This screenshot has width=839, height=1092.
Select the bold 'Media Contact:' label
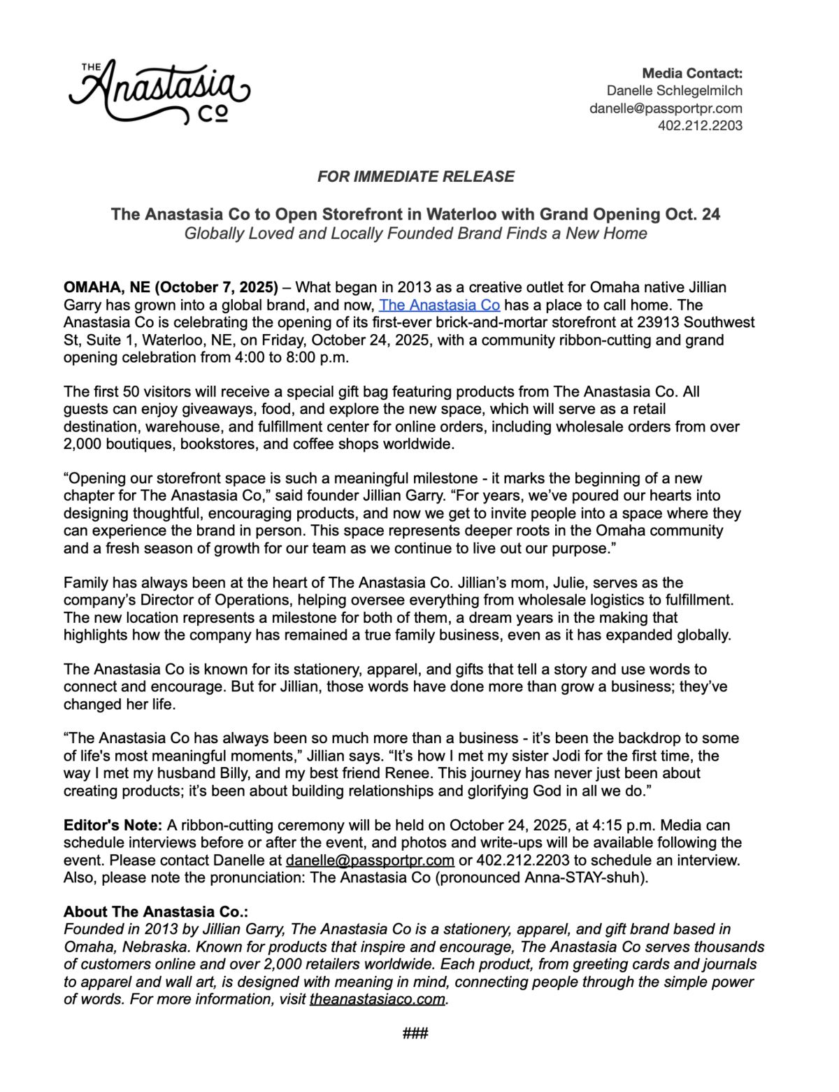[x=691, y=73]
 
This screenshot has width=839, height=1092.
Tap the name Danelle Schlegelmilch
[x=674, y=91]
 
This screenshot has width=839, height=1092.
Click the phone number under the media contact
[x=700, y=126]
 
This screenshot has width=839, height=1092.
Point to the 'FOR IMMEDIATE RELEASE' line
[x=416, y=177]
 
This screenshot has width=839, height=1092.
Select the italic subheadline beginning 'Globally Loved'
[x=416, y=234]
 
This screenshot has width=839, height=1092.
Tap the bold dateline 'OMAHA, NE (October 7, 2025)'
[x=171, y=287]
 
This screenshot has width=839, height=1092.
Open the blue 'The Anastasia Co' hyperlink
[x=439, y=305]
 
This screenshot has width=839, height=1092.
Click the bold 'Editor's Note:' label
[x=113, y=825]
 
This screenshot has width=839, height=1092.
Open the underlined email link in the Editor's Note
[x=370, y=860]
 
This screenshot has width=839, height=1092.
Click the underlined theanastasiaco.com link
[x=378, y=999]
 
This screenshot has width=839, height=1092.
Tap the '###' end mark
[x=415, y=1033]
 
